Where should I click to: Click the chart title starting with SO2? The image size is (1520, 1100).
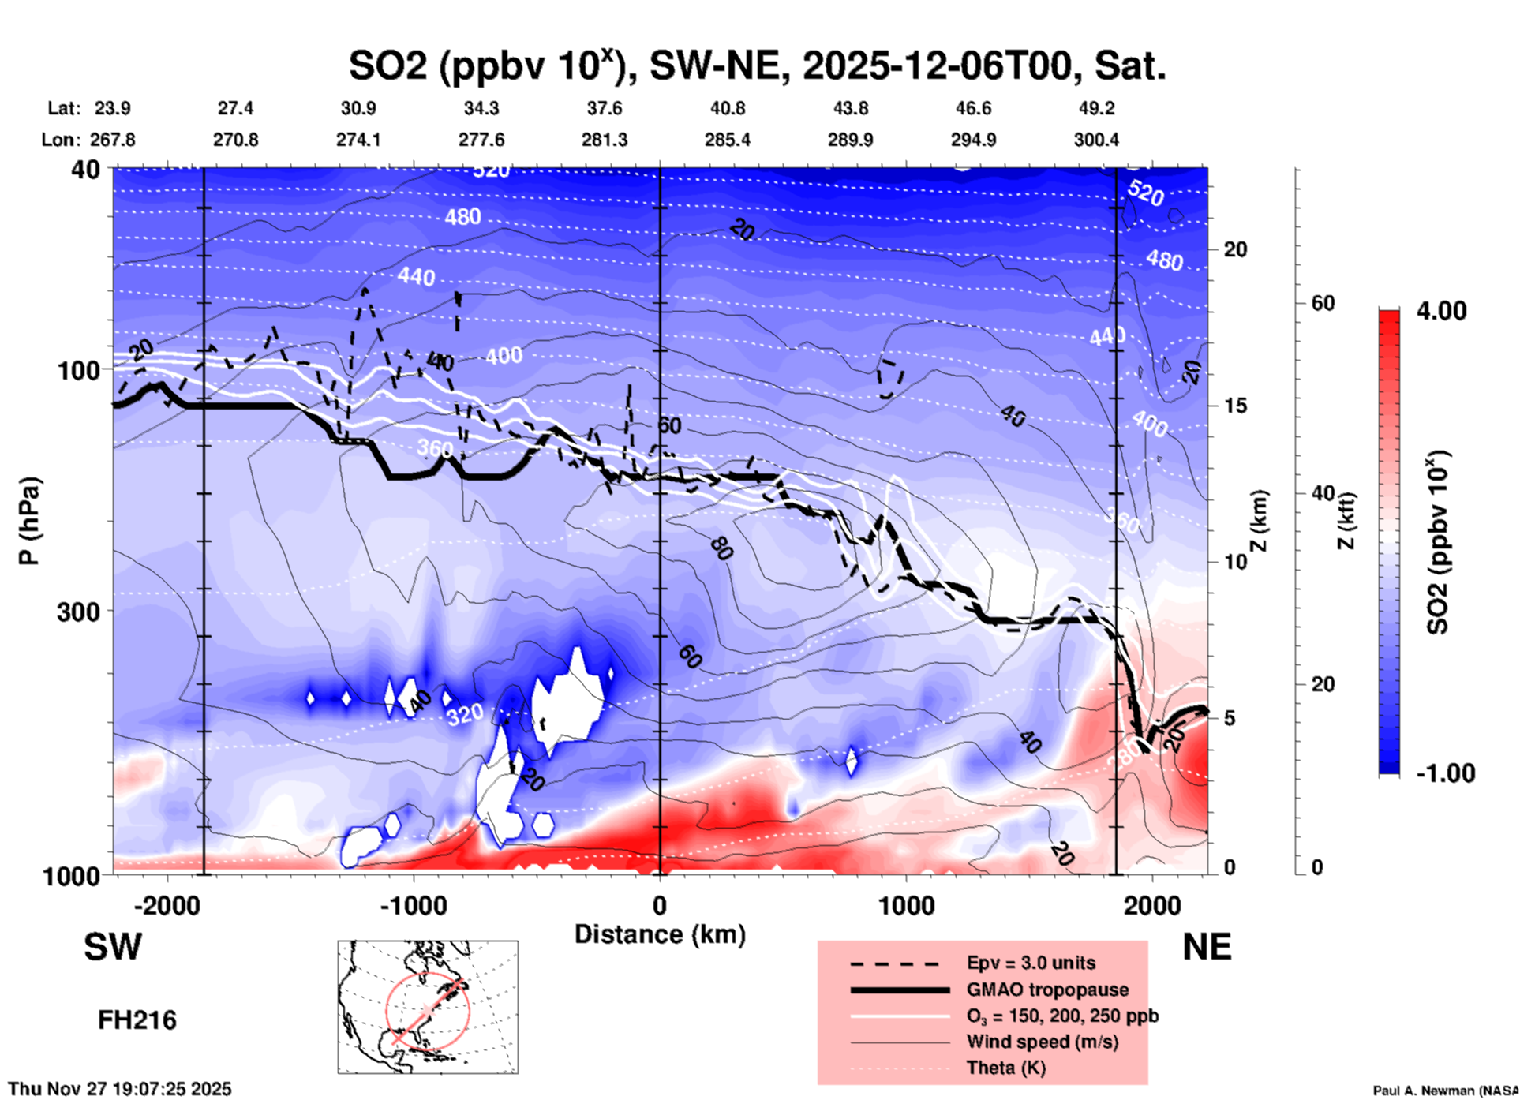pos(758,65)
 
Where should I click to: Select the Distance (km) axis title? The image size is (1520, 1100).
pos(660,934)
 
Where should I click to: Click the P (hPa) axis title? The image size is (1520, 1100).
pos(29,521)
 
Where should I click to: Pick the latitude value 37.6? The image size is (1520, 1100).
pos(605,108)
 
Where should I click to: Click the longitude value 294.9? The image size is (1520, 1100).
pos(973,140)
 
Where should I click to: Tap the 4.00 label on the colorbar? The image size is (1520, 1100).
pos(1441,311)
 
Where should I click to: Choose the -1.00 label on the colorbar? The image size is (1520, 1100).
pos(1445,773)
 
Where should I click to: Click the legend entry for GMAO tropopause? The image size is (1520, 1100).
pos(1047,990)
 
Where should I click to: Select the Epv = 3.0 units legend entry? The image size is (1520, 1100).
pos(1031,963)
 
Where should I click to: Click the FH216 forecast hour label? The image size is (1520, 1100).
pos(137,1020)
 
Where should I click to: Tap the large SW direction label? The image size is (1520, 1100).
pos(113,947)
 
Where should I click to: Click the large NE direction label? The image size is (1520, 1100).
pos(1207,947)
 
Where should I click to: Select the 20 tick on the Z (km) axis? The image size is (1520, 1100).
pos(1235,250)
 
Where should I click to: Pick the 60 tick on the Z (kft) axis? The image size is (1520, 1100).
pos(1322,304)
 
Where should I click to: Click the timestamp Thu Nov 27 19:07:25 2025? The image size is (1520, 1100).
pos(120,1089)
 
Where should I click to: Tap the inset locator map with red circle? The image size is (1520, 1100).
pos(428,1007)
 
